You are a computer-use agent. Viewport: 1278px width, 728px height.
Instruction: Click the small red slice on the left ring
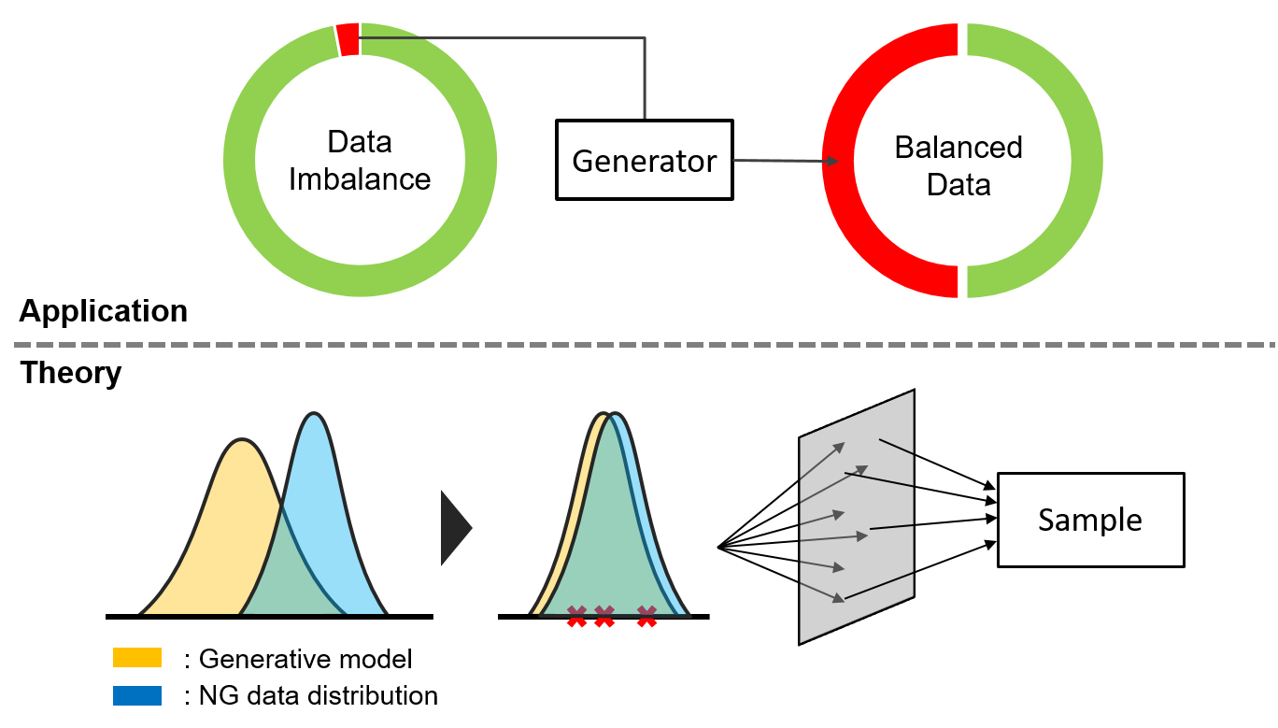click(348, 39)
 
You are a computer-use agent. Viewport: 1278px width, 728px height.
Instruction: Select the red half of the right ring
click(839, 161)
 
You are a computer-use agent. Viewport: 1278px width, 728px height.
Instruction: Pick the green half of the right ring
click(1086, 161)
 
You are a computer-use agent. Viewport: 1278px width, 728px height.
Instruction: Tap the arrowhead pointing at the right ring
click(832, 161)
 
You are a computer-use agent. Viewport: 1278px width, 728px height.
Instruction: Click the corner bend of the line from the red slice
click(644, 38)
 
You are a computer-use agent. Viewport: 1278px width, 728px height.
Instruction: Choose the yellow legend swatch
click(137, 657)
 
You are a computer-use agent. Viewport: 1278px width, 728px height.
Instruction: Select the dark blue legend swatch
click(137, 695)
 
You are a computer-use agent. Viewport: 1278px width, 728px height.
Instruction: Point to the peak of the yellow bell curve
click(242, 442)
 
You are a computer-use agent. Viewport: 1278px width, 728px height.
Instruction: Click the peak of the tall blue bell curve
click(314, 416)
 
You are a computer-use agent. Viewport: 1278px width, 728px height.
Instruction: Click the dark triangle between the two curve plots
click(454, 528)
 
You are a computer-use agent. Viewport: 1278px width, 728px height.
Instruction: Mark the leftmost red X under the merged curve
click(576, 616)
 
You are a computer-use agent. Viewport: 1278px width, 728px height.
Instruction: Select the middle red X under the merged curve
click(604, 616)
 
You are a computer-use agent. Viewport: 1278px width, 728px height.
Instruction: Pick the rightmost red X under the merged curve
click(646, 616)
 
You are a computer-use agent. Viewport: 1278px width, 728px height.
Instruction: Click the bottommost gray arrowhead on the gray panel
click(839, 598)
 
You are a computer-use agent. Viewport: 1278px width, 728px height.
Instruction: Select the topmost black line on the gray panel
click(896, 447)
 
